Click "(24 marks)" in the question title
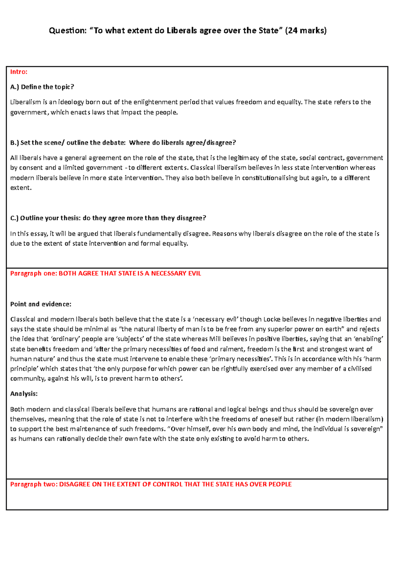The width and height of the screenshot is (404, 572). [x=306, y=31]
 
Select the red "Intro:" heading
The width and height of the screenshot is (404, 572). [x=19, y=72]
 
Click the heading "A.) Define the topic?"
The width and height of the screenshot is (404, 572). [x=42, y=87]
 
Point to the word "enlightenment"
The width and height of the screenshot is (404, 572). [x=156, y=102]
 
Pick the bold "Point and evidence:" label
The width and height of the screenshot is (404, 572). [x=41, y=304]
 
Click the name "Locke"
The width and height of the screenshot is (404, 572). [x=272, y=319]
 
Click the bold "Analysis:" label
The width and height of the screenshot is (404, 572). [x=24, y=394]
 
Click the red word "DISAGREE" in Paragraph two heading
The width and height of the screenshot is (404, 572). [x=75, y=484]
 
